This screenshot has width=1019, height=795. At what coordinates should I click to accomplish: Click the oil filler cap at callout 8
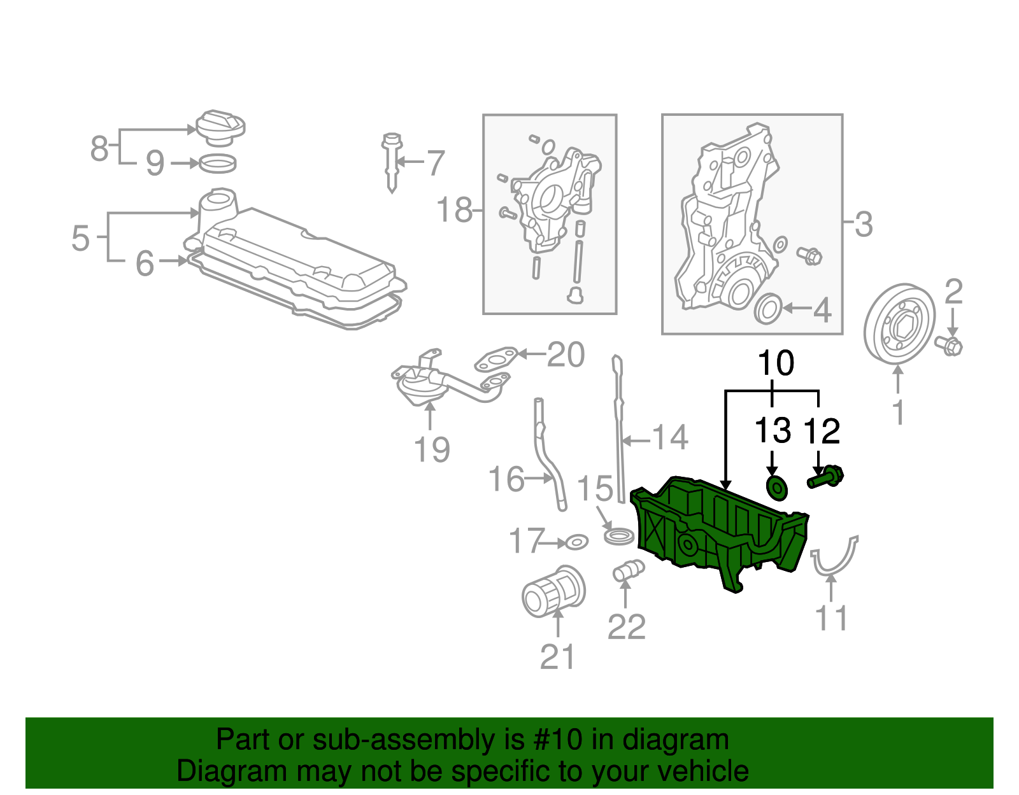point(220,126)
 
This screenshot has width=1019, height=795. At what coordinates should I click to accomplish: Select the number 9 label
point(155,163)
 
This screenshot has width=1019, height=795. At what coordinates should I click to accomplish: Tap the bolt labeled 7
point(392,162)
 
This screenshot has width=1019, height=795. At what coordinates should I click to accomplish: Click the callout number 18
point(454,209)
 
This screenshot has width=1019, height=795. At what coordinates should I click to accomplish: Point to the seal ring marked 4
point(767,309)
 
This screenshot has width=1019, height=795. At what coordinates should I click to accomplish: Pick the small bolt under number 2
point(949,346)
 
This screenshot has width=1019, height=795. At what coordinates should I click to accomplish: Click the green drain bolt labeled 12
point(825,477)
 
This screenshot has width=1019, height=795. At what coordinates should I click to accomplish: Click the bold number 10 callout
point(775,363)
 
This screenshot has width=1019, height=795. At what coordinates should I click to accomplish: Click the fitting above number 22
point(627,570)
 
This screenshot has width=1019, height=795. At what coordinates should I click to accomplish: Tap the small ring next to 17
point(576,542)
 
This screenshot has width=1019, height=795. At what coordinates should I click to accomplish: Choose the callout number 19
point(432,449)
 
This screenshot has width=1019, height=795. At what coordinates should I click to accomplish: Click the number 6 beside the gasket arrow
point(145,263)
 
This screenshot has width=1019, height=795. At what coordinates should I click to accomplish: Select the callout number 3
point(863,224)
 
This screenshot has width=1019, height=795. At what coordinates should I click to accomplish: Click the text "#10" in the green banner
point(563,740)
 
